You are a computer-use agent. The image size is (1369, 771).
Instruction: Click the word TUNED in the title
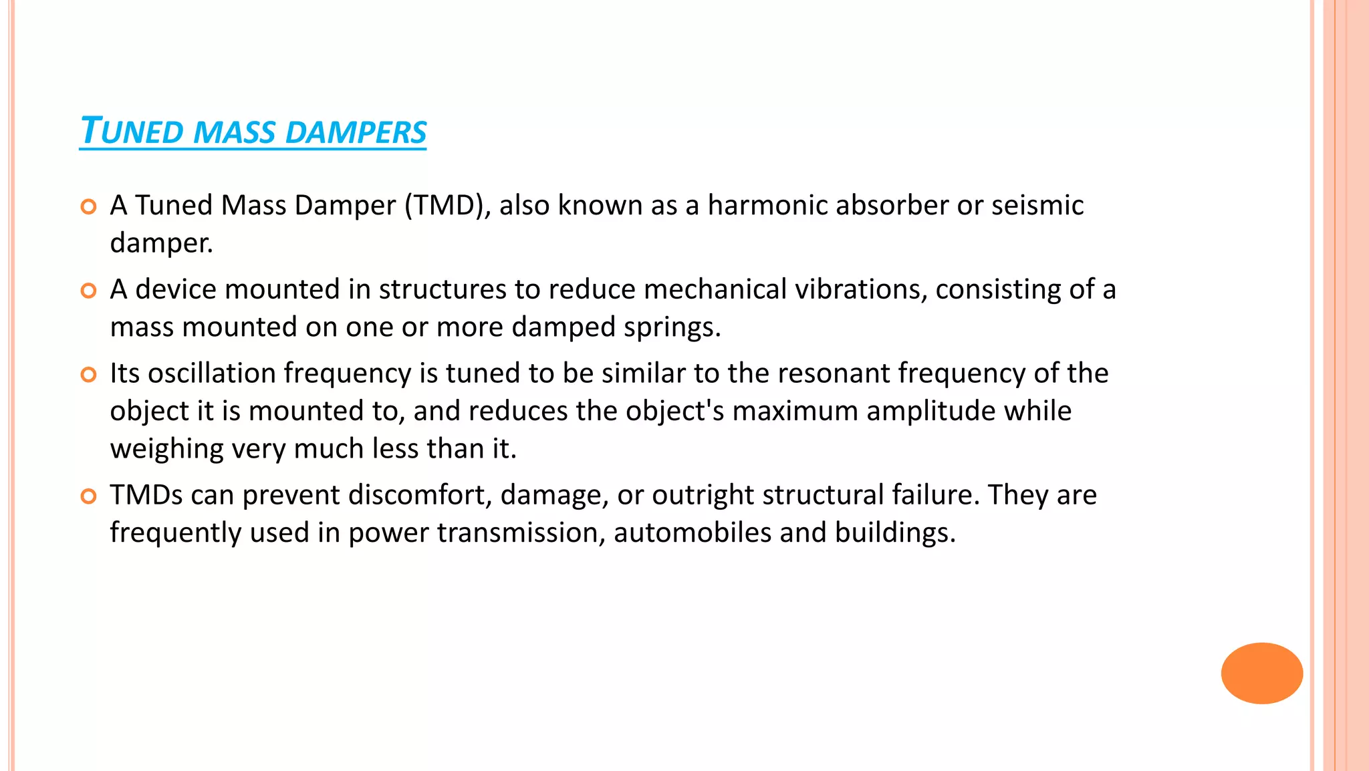click(x=131, y=131)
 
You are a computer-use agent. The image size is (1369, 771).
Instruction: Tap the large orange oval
click(x=1261, y=673)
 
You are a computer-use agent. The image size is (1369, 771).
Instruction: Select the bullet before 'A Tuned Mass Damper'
click(x=88, y=206)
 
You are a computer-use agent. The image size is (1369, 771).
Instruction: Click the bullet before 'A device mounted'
click(x=88, y=291)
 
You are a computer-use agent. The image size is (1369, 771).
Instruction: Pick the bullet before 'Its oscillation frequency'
click(x=88, y=374)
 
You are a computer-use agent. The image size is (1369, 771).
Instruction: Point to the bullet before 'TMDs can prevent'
click(x=88, y=496)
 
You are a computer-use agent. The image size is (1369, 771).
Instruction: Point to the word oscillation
click(x=211, y=373)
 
